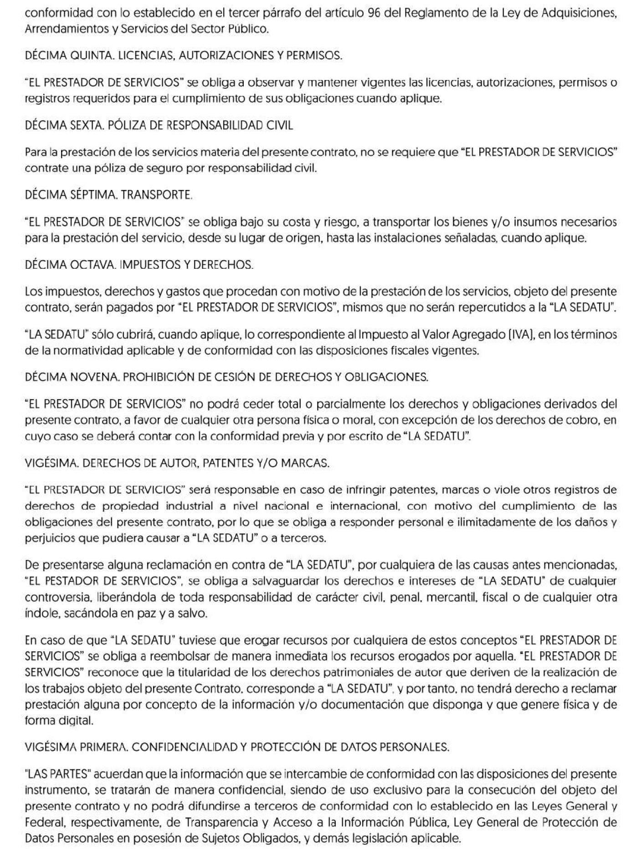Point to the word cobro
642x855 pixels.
[x=576, y=420]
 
